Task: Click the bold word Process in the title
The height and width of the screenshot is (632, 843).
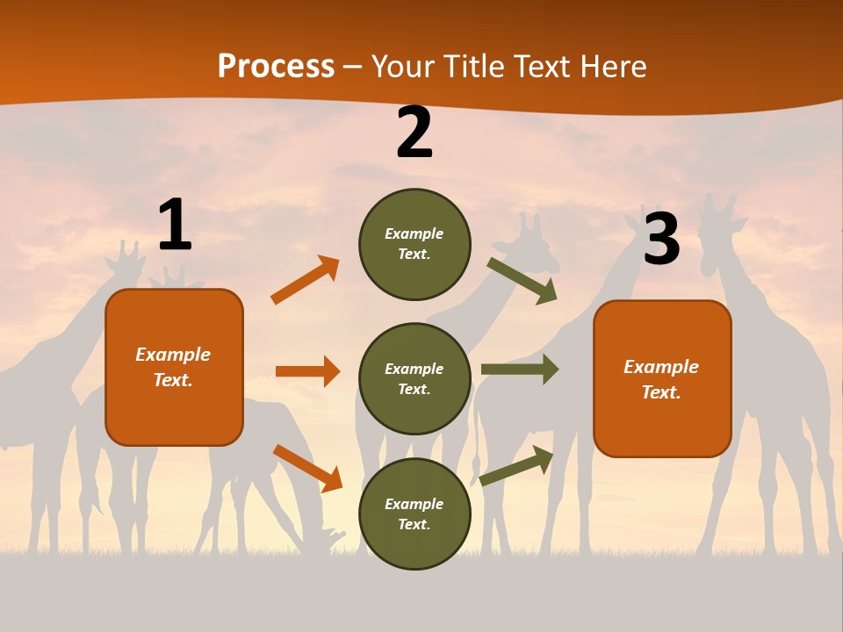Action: click(276, 67)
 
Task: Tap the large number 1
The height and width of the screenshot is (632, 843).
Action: click(175, 226)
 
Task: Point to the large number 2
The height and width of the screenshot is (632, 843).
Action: click(414, 133)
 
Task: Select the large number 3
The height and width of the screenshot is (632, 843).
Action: click(661, 239)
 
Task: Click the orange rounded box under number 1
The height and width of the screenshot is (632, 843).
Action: click(174, 367)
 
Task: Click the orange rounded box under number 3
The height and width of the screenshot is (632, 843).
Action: click(662, 378)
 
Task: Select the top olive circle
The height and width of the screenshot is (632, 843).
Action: click(414, 244)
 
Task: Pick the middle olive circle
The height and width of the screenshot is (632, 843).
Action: click(414, 378)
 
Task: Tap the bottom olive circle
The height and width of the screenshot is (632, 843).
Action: click(414, 513)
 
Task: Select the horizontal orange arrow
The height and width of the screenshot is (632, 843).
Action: click(307, 371)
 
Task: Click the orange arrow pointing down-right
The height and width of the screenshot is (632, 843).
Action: click(307, 468)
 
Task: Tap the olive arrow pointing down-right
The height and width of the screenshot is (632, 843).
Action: click(522, 280)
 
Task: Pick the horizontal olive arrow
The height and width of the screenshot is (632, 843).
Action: click(519, 370)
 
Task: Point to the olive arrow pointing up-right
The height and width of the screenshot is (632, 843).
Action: click(516, 466)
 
